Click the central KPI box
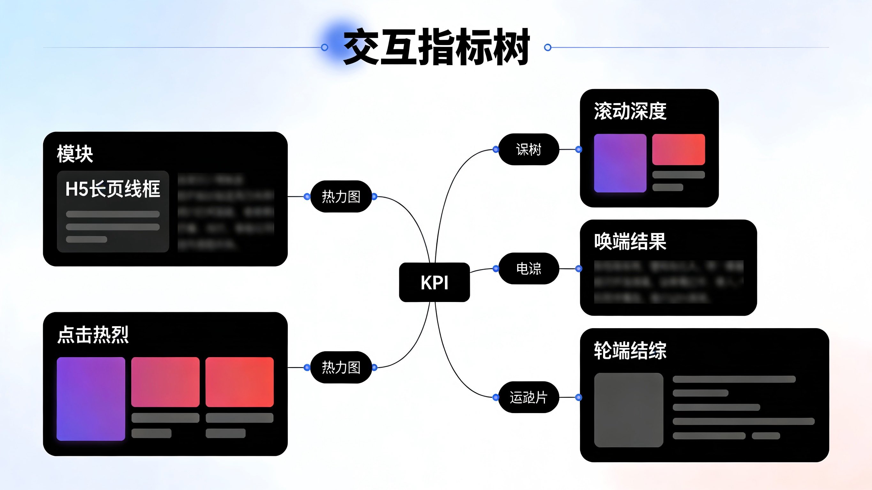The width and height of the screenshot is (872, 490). point(434,282)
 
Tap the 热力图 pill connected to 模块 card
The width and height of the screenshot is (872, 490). point(341,197)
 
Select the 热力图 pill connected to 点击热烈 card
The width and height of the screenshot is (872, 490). point(341,367)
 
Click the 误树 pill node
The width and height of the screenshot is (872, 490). point(528,149)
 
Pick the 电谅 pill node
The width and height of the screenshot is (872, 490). point(528,269)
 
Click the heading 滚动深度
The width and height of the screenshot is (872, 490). point(630,111)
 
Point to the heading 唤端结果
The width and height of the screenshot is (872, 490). point(630,242)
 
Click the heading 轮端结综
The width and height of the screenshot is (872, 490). point(630,350)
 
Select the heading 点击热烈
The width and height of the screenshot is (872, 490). point(93,335)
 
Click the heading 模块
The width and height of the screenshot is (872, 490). point(75,154)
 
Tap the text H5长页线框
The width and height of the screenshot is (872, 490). point(113,189)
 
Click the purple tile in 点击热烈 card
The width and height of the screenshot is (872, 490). point(91,399)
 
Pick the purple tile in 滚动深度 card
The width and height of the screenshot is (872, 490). point(620,163)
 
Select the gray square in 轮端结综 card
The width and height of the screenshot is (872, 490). point(628,410)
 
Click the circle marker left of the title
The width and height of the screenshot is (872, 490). point(324,47)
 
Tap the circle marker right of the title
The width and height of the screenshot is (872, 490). point(547,47)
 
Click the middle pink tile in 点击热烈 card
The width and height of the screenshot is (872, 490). point(165,382)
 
